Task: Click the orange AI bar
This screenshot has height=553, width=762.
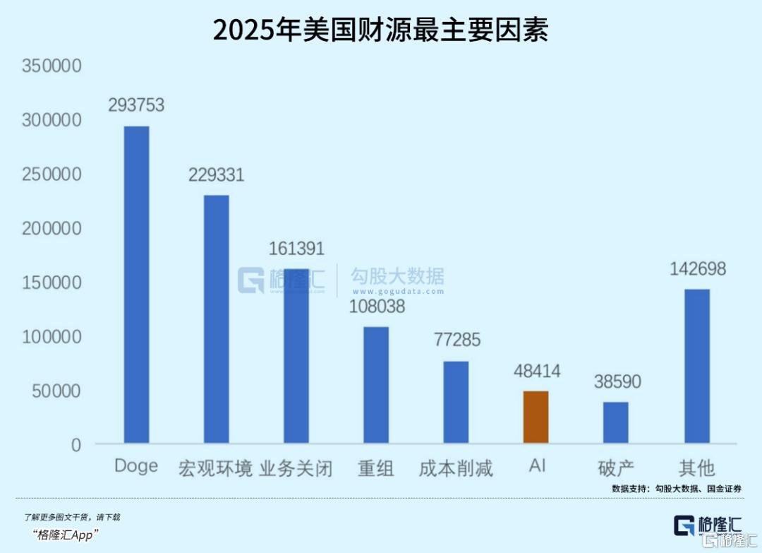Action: (536, 417)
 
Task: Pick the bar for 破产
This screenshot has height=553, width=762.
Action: (615, 422)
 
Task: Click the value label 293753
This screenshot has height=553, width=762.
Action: (136, 105)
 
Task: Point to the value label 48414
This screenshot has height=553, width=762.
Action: (536, 370)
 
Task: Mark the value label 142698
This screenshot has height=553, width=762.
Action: (697, 268)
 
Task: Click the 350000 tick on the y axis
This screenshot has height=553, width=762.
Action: (52, 66)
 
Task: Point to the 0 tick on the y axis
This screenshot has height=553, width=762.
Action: (75, 445)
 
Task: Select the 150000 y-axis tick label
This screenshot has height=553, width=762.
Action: (52, 283)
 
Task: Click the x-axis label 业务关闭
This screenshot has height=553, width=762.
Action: (296, 468)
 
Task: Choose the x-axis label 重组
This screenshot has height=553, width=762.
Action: (376, 468)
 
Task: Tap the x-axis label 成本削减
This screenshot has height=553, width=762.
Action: (456, 468)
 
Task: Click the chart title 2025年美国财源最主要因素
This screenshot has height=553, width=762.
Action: (381, 30)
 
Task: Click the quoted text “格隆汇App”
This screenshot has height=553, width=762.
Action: (66, 534)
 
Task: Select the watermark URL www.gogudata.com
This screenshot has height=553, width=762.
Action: (398, 292)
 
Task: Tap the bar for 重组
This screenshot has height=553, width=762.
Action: (376, 385)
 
